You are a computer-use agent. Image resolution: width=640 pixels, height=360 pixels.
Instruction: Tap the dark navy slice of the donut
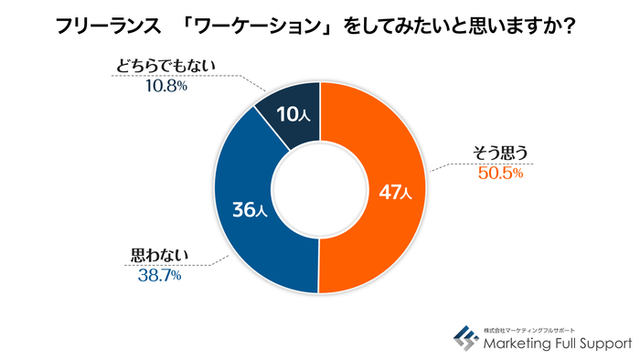[x=291, y=113]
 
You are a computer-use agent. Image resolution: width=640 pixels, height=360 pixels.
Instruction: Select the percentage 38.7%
[x=157, y=274]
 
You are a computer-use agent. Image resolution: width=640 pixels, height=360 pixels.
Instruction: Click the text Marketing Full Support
[x=556, y=344]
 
